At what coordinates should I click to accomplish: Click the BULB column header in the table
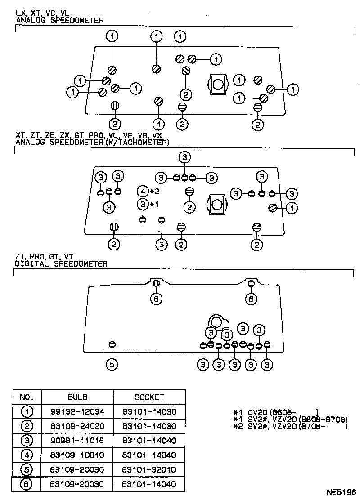click(x=77, y=397)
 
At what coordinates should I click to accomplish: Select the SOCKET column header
click(x=149, y=397)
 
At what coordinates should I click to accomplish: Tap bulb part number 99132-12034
click(x=77, y=411)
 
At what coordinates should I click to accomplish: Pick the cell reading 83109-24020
click(x=77, y=426)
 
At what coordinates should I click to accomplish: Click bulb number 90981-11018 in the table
click(x=77, y=440)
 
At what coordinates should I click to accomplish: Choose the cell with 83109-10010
click(x=77, y=455)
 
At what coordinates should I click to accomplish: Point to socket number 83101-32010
click(x=149, y=469)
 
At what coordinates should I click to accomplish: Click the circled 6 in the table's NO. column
click(x=27, y=484)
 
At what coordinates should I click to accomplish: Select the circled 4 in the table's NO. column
click(x=27, y=455)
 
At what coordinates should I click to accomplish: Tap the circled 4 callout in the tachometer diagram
click(x=143, y=192)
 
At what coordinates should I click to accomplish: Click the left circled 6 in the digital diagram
click(x=156, y=299)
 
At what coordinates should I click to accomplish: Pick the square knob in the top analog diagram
click(x=218, y=84)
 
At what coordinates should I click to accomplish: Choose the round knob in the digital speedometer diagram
click(x=216, y=322)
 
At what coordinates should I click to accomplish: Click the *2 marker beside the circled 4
click(x=154, y=192)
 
